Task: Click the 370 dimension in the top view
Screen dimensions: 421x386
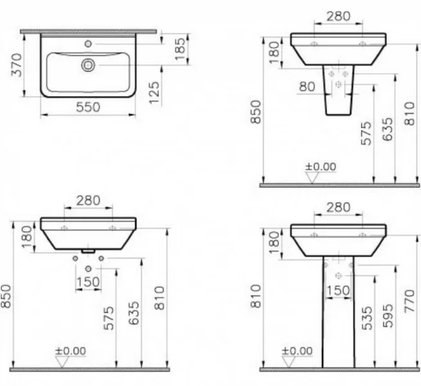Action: [x=17, y=65]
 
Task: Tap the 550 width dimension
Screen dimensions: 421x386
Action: [x=88, y=107]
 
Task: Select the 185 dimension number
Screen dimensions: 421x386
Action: [x=180, y=49]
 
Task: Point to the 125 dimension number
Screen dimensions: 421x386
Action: [x=154, y=93]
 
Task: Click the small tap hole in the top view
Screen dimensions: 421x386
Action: [x=88, y=44]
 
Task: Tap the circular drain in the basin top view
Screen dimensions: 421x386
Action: [x=88, y=65]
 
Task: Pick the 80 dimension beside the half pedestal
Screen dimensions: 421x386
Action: [x=307, y=87]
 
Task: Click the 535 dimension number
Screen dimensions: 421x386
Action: [x=367, y=318]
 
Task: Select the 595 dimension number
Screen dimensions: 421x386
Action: [x=388, y=316]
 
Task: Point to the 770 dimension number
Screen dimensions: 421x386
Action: [x=409, y=301]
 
